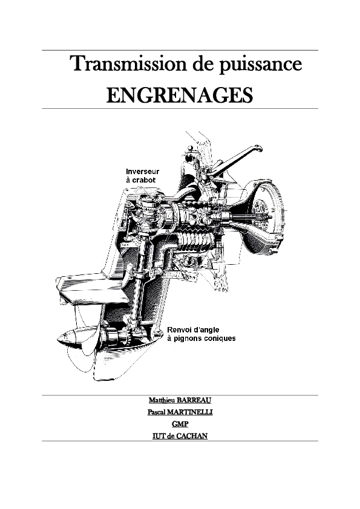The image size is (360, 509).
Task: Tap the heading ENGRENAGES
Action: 180,95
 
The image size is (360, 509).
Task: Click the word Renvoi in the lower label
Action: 178,330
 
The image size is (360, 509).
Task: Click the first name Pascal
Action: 156,412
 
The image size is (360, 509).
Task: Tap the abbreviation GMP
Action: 180,424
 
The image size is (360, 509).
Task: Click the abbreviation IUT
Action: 159,436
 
